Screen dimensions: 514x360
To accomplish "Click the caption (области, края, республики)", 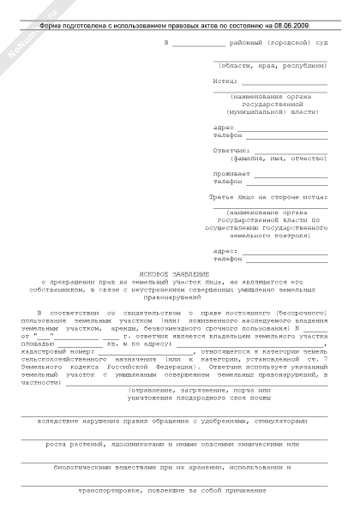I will [272, 65].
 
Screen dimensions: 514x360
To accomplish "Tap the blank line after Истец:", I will [284, 83].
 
